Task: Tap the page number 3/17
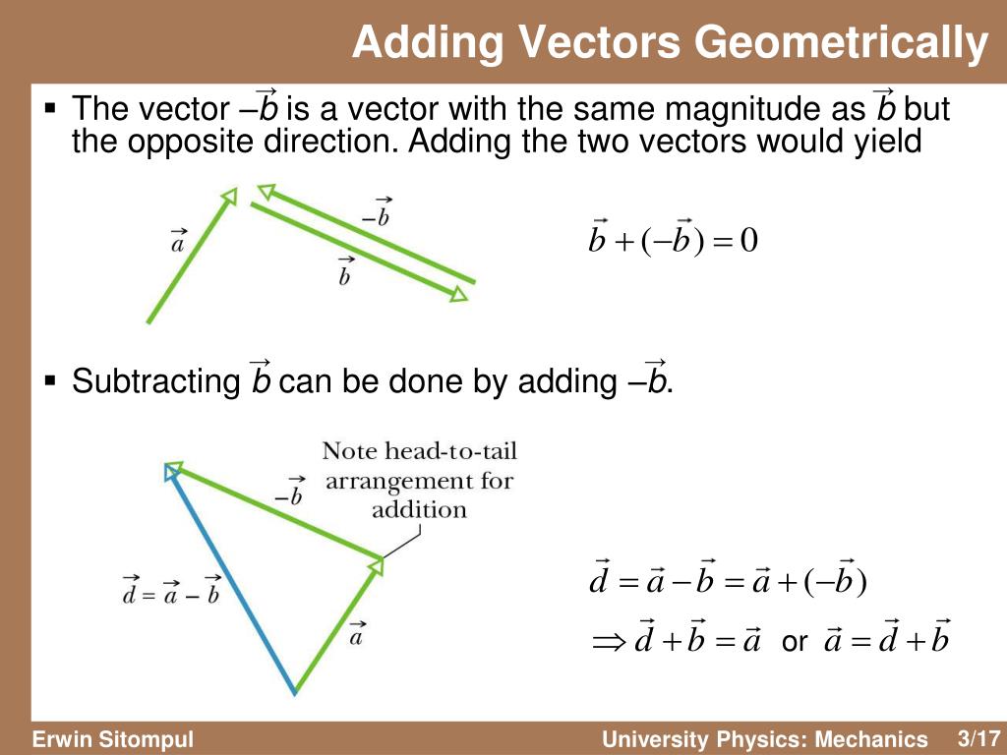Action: [x=977, y=737]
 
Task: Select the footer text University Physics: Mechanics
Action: [x=765, y=738]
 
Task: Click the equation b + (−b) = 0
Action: [x=672, y=239]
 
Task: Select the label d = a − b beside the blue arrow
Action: [x=169, y=592]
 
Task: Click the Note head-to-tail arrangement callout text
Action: [x=419, y=481]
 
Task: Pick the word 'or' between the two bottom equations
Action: [x=795, y=643]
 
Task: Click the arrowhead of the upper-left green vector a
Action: [x=228, y=197]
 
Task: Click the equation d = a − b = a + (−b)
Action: [x=727, y=581]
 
